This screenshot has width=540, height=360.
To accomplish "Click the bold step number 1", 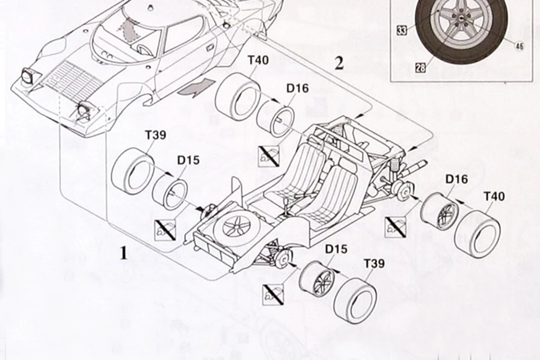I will pos(123,253).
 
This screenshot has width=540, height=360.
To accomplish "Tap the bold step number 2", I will pos(339,63).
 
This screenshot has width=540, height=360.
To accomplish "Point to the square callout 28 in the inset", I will pos(420,68).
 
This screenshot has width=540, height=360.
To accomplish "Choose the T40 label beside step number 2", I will pos(258,60).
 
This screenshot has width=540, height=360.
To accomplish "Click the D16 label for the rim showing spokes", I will pos(456,179).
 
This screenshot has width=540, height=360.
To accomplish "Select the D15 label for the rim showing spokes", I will pos(336,249).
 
